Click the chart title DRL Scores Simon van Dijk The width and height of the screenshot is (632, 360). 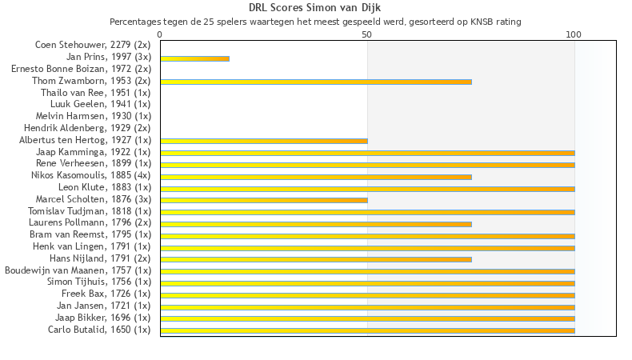tap(314, 8)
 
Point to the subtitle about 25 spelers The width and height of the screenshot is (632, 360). tap(315, 22)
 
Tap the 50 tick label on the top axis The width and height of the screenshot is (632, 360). tap(366, 34)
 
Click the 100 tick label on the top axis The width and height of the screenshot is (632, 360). tap(574, 34)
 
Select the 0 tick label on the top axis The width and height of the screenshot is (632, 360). tap(160, 34)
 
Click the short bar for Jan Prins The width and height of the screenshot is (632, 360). tap(194, 58)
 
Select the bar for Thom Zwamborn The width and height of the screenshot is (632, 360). tap(316, 82)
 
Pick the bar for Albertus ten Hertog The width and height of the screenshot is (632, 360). tap(264, 141)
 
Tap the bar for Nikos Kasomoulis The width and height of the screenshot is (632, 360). tap(316, 177)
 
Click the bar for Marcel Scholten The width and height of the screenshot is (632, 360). tap(264, 200)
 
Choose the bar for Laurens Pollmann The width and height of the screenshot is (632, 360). tap(316, 224)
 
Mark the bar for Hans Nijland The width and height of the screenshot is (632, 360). tap(316, 259)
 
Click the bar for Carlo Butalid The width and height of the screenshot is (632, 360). tap(367, 330)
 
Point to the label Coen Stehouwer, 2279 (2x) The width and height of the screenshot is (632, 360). tap(92, 45)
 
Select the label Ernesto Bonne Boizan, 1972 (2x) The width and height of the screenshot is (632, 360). tap(80, 69)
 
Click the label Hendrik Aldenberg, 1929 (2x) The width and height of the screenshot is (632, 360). tap(86, 128)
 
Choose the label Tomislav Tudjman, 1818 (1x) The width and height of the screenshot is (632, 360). tap(89, 211)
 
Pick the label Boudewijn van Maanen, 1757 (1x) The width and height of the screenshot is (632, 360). tap(78, 270)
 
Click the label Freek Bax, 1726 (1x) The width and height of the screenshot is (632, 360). tap(106, 294)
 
